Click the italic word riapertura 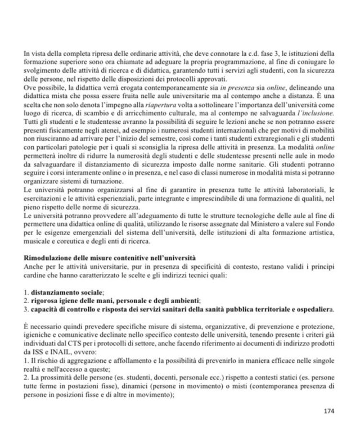[145, 105]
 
